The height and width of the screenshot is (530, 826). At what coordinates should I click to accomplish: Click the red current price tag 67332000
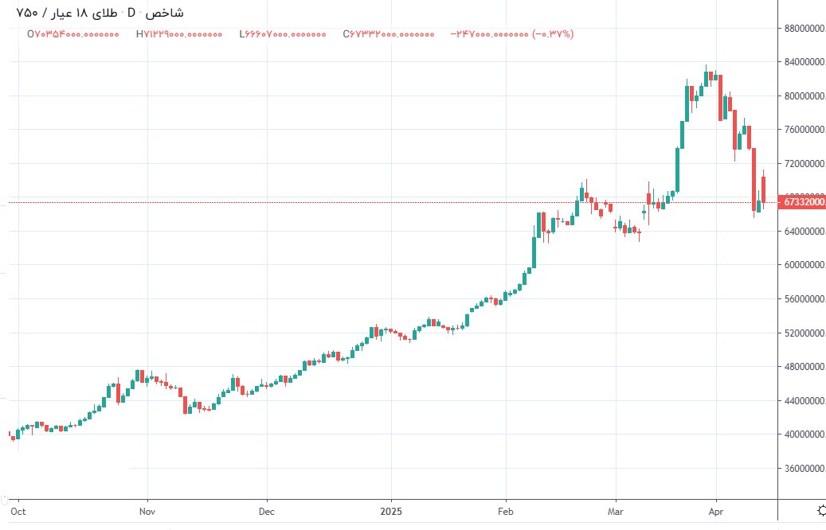[804, 202]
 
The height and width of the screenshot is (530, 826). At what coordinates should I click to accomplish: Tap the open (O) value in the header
[73, 34]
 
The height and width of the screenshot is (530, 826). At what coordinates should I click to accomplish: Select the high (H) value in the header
[179, 34]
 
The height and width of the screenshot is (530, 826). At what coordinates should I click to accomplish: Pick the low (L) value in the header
[283, 34]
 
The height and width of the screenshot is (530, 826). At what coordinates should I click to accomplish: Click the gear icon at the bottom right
[821, 509]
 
